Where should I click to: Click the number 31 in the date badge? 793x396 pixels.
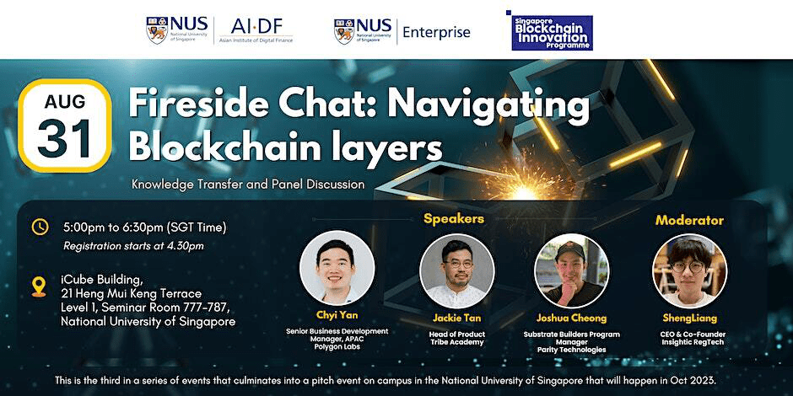tap(64, 139)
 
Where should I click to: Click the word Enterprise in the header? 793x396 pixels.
tap(436, 32)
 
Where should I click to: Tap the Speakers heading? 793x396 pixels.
tap(453, 219)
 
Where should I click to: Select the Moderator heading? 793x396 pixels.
tap(689, 220)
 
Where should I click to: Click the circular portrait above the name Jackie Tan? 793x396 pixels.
tap(456, 270)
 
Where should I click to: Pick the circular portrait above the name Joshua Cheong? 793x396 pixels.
tap(571, 270)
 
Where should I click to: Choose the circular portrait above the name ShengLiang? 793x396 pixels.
tap(689, 270)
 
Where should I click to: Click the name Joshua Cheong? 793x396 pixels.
tap(571, 318)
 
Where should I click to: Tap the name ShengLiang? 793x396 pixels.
tap(689, 318)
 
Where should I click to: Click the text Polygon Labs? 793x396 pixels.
tap(337, 345)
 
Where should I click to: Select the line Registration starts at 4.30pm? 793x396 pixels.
tap(133, 246)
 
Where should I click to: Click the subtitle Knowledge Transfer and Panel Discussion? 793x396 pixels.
tap(248, 184)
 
